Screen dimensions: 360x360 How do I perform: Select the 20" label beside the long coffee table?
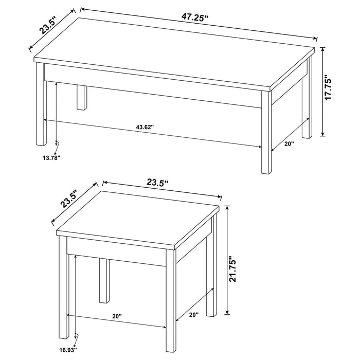click(x=288, y=145)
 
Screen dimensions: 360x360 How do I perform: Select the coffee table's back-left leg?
click(x=81, y=98)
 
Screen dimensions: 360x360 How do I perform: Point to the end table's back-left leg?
click(x=104, y=280)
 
